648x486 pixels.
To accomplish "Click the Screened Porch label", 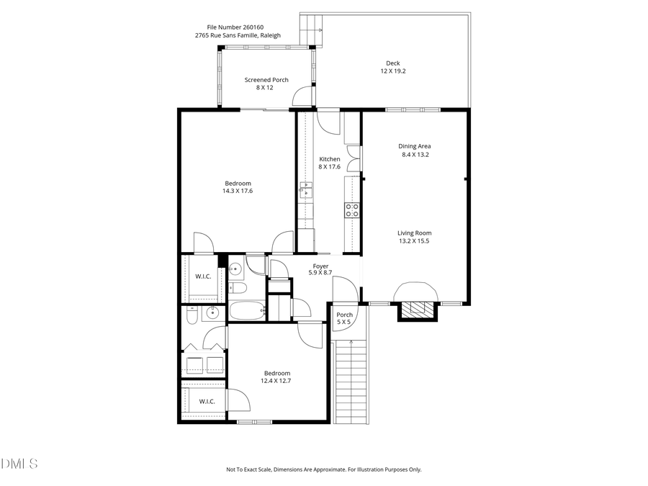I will (x=266, y=80).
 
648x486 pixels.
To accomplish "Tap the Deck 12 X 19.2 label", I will (x=392, y=67).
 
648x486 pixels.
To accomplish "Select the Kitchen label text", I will (x=330, y=159).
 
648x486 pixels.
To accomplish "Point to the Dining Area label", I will (x=415, y=146).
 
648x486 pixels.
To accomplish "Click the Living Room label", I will (x=414, y=233).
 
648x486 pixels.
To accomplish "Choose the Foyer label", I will (x=320, y=266).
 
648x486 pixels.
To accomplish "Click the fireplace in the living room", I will (x=418, y=308).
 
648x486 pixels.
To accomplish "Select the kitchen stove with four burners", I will (x=352, y=210).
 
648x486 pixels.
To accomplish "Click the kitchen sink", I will (x=306, y=191).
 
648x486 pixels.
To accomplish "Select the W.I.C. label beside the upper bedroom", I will (x=202, y=276).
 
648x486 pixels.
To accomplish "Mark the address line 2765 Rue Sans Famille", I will (x=237, y=35).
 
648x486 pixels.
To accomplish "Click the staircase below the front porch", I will (x=352, y=382).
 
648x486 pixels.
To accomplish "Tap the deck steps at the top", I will (x=311, y=30).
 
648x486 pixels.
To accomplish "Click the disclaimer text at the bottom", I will (x=324, y=469).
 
